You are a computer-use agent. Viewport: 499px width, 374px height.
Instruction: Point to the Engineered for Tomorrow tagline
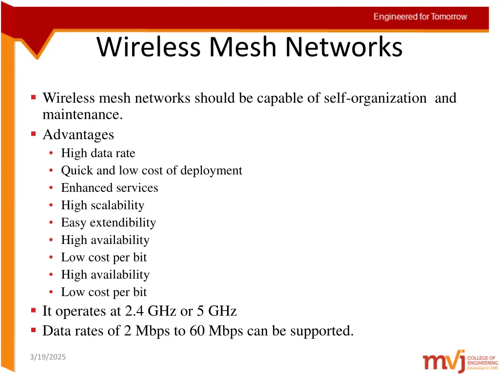click(x=420, y=17)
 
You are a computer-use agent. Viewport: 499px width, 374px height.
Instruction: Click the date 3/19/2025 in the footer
click(x=47, y=357)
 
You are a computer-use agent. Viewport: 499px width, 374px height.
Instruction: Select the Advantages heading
click(x=78, y=134)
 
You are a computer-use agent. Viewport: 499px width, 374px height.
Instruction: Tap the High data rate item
click(x=98, y=153)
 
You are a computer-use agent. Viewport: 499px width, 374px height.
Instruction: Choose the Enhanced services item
click(x=109, y=188)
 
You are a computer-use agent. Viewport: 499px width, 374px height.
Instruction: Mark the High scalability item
click(x=102, y=206)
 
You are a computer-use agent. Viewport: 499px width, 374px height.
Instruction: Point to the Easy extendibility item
click(x=108, y=223)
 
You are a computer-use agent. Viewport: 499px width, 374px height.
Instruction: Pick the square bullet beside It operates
click(x=34, y=310)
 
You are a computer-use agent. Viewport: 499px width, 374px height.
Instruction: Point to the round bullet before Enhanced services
click(x=51, y=188)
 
